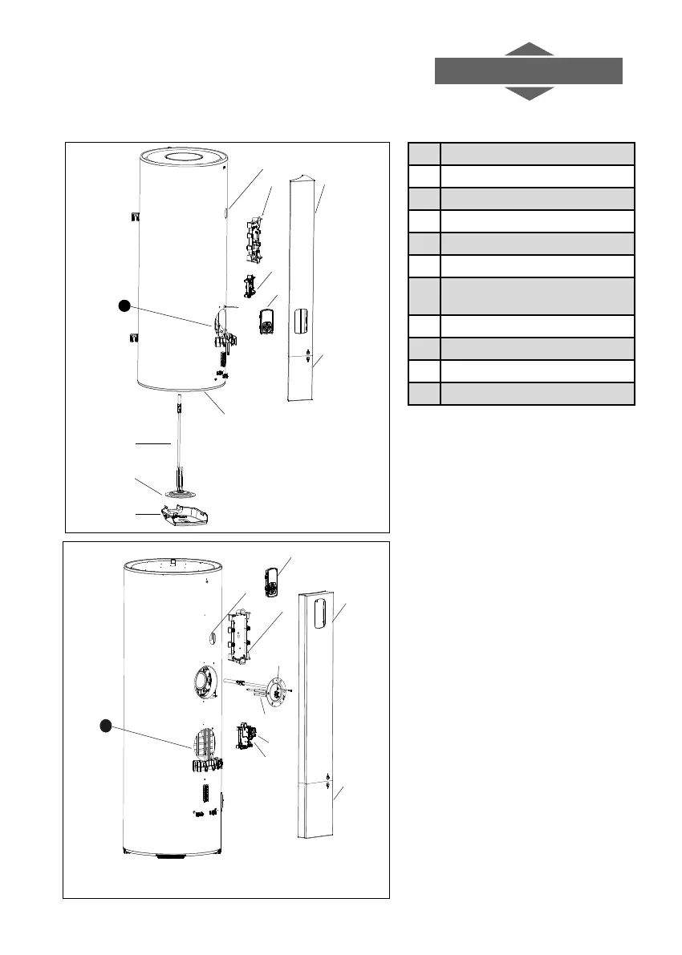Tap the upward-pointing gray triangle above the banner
pyautogui.click(x=529, y=50)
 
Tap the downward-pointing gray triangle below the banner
pyautogui.click(x=529, y=93)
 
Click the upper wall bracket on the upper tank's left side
pyautogui.click(x=134, y=217)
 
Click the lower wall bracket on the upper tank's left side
pyautogui.click(x=134, y=338)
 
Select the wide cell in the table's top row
pyautogui.click(x=538, y=154)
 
